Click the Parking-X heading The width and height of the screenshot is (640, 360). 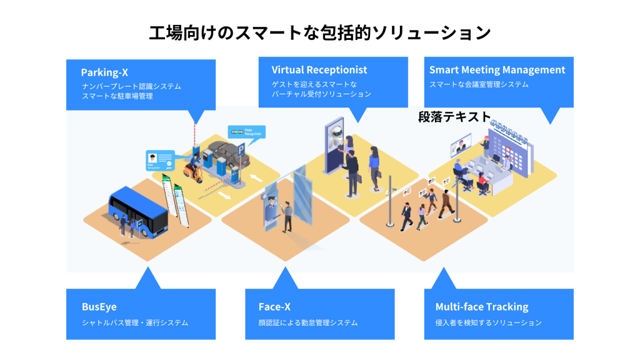[x=104, y=72]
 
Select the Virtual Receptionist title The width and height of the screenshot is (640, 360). [x=319, y=69]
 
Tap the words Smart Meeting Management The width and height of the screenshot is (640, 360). [x=497, y=70]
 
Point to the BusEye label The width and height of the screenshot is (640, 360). [x=99, y=307]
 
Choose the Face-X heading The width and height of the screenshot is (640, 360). [x=274, y=307]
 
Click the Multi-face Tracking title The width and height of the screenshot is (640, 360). [x=481, y=307]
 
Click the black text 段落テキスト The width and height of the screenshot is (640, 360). [x=454, y=116]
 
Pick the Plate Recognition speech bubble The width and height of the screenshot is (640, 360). [x=246, y=132]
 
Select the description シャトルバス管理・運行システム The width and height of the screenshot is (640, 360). [x=134, y=323]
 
